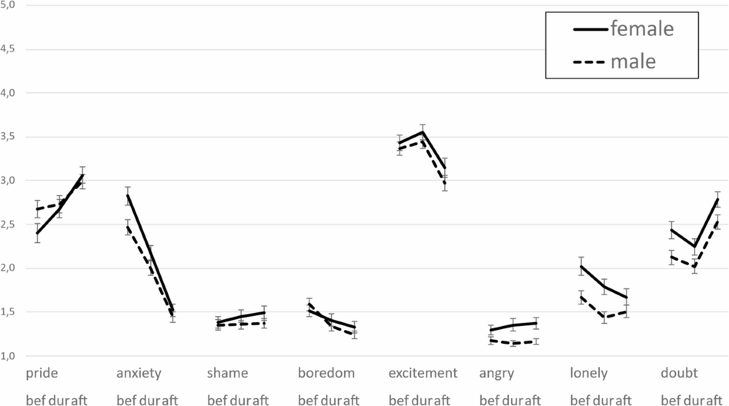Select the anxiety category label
click(x=138, y=373)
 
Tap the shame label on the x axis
click(x=227, y=373)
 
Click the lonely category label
click(x=589, y=373)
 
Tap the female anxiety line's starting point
click(x=127, y=196)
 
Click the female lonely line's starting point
click(x=581, y=266)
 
